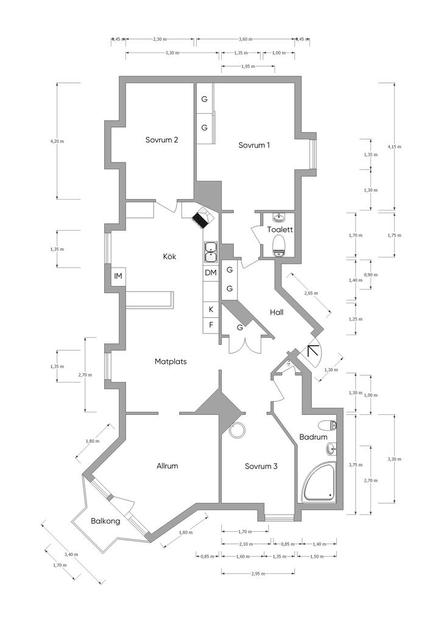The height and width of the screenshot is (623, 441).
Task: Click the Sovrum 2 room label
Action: (161, 140)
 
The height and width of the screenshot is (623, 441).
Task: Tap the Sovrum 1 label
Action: (254, 145)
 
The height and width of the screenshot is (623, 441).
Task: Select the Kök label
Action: (169, 256)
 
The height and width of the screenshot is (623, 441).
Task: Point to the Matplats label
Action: (171, 361)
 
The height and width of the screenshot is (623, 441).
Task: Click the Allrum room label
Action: (167, 465)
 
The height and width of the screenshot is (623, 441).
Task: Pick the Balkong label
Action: (105, 521)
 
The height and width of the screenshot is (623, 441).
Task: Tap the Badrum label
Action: (313, 437)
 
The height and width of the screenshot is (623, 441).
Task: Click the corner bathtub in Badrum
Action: (319, 482)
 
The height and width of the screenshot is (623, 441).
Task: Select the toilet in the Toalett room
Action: (280, 245)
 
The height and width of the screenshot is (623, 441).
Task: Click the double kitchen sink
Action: (210, 252)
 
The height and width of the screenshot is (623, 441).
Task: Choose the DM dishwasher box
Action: (211, 273)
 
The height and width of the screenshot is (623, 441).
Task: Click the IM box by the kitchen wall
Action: (118, 276)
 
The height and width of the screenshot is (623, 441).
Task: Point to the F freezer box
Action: (211, 325)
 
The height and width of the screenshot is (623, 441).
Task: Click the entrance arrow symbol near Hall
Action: (313, 350)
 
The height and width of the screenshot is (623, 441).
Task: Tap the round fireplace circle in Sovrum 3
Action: (238, 430)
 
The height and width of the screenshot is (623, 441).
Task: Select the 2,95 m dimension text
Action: (258, 574)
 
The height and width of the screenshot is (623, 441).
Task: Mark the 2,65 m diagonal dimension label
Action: (311, 293)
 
